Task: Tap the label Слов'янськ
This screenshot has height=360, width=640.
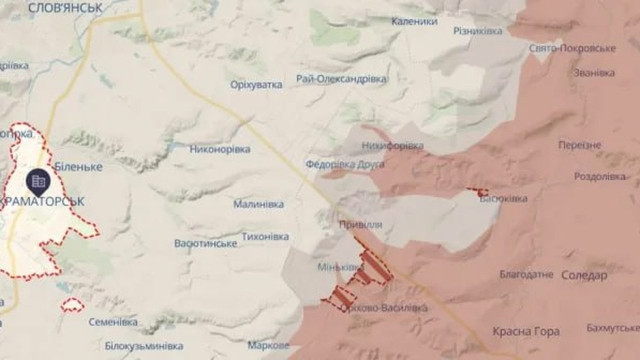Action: click(65, 7)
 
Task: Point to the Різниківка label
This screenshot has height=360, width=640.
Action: click(478, 31)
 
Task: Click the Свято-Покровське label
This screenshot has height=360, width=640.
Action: click(573, 48)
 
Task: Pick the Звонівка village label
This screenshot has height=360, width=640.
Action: click(594, 73)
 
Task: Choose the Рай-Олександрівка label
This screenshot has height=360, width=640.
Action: click(342, 78)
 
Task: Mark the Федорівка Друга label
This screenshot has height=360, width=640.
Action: click(345, 164)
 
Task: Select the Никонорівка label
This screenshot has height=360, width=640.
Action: click(220, 149)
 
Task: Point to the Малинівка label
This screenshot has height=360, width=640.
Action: click(259, 204)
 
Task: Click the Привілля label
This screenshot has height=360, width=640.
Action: click(360, 225)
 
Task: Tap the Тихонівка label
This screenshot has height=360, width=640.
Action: click(266, 238)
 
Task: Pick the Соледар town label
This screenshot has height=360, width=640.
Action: click(584, 275)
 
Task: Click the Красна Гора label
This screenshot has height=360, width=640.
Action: click(526, 331)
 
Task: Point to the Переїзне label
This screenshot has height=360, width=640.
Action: click(580, 145)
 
